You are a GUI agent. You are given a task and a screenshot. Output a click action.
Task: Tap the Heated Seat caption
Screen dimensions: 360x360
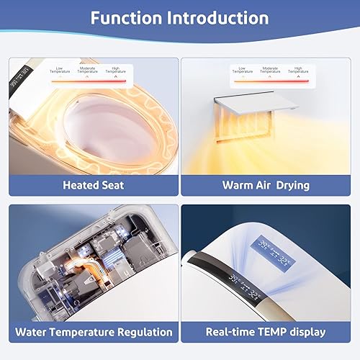pyautogui.click(x=94, y=185)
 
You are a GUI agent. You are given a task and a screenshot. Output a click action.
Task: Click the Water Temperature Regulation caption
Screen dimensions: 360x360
pyautogui.click(x=94, y=332)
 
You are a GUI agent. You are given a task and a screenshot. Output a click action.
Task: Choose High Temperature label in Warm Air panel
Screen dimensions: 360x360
pyautogui.click(x=296, y=71)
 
